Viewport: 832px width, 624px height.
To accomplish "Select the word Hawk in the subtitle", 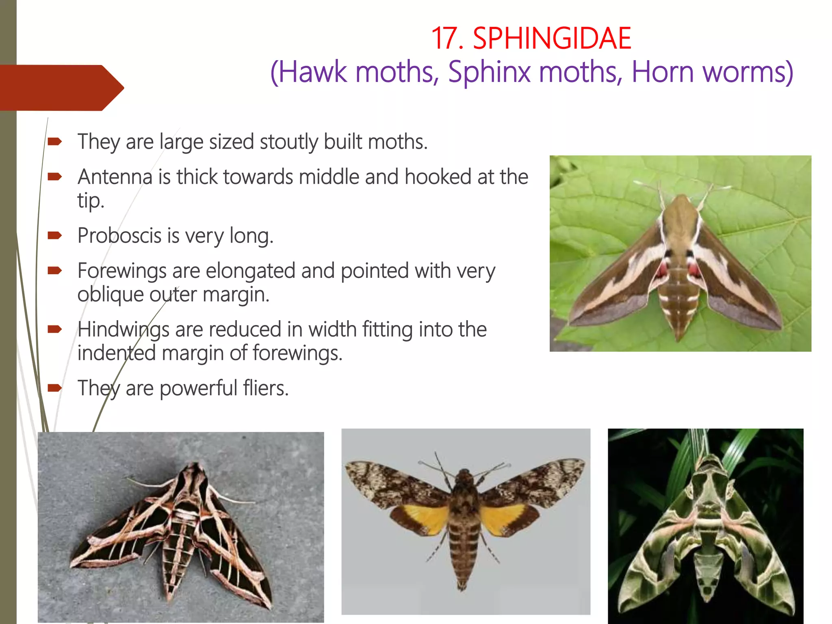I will pyautogui.click(x=313, y=72).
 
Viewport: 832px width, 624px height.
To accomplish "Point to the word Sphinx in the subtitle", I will pyautogui.click(x=490, y=72).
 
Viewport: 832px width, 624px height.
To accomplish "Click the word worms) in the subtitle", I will pyautogui.click(x=747, y=72).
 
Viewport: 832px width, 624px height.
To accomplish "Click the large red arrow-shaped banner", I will pyautogui.click(x=61, y=87).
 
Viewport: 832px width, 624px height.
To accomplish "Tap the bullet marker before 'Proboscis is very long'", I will pyautogui.click(x=54, y=236).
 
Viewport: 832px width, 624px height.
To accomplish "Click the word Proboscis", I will pyautogui.click(x=119, y=236).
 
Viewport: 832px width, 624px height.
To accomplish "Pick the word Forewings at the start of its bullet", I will pyautogui.click(x=122, y=271).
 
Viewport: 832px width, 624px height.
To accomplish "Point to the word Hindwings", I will pyautogui.click(x=123, y=329).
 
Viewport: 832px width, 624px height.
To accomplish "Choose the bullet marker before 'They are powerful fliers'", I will pyautogui.click(x=54, y=388).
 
